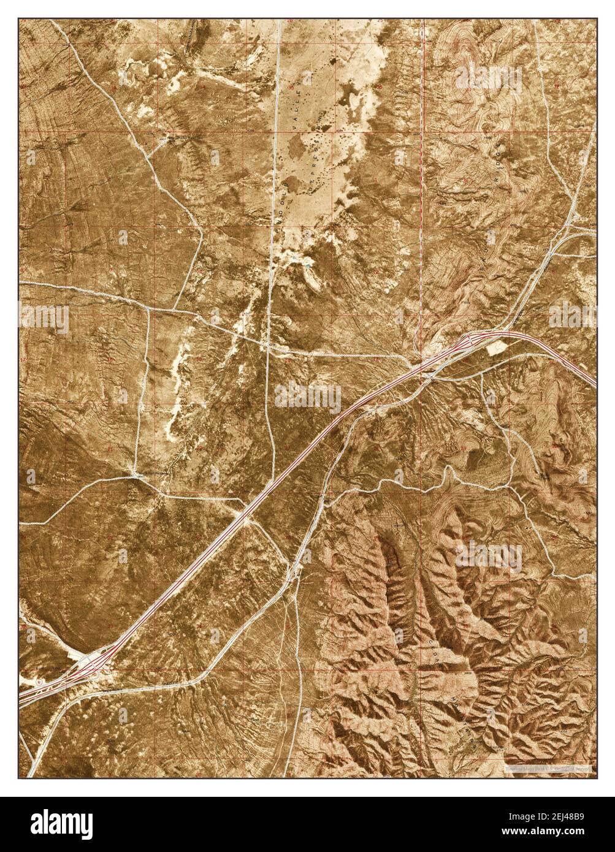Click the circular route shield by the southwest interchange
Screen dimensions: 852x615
[40, 682]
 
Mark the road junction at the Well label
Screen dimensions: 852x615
[134, 475]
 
